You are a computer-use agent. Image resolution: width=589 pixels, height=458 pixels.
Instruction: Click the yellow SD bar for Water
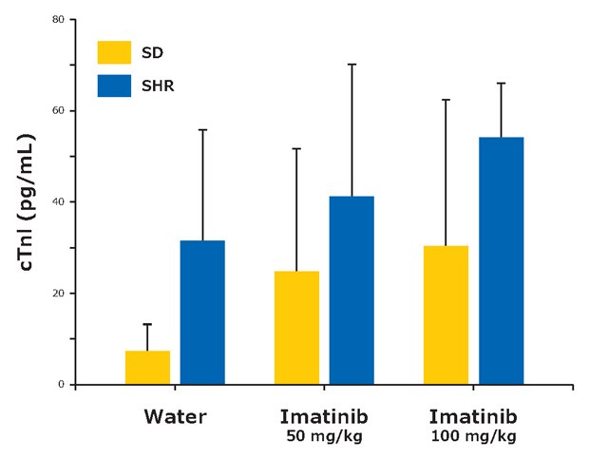(147, 368)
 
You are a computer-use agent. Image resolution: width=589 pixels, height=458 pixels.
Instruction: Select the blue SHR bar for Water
(202, 313)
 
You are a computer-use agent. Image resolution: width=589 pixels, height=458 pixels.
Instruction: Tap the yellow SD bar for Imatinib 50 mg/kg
(296, 328)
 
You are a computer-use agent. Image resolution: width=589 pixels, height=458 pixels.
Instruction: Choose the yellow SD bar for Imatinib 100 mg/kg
(446, 315)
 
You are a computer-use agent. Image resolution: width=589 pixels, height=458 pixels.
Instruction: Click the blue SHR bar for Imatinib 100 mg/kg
(501, 260)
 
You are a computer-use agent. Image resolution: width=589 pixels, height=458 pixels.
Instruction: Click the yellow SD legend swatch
(114, 51)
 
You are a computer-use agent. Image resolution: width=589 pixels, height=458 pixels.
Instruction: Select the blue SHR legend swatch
(114, 86)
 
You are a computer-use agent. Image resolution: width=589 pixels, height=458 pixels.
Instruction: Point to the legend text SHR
(158, 86)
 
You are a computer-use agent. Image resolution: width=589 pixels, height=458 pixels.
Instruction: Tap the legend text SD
(153, 52)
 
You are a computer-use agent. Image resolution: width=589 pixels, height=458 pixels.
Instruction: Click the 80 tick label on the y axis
(59, 20)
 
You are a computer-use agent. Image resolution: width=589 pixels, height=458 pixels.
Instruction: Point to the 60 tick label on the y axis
(59, 111)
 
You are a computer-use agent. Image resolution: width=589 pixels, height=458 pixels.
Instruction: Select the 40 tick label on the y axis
(59, 202)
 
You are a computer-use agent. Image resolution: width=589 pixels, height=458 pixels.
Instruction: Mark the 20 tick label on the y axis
(59, 294)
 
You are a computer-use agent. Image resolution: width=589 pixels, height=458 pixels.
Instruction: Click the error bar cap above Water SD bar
(147, 324)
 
